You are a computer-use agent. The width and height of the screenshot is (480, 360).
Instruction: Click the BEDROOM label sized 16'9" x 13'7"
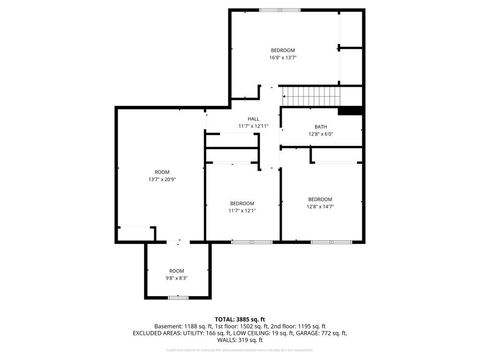point(283,50)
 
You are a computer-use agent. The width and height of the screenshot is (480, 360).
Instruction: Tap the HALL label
point(254,119)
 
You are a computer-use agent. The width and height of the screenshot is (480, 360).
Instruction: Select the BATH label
point(321,126)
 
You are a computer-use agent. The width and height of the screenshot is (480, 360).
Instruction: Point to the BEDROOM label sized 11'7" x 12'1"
point(241,203)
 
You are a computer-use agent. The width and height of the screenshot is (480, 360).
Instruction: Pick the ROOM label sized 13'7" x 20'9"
point(162,172)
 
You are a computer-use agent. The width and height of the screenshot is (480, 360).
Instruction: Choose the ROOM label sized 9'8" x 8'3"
point(176,271)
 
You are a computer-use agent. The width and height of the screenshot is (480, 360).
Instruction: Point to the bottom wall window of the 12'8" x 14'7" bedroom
point(320,242)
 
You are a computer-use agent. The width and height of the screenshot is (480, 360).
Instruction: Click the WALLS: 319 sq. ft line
point(239,340)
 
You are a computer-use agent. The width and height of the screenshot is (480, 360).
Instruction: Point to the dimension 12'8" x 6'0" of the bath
point(321,133)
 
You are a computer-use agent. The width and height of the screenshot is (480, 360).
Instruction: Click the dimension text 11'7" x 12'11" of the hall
point(254,126)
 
